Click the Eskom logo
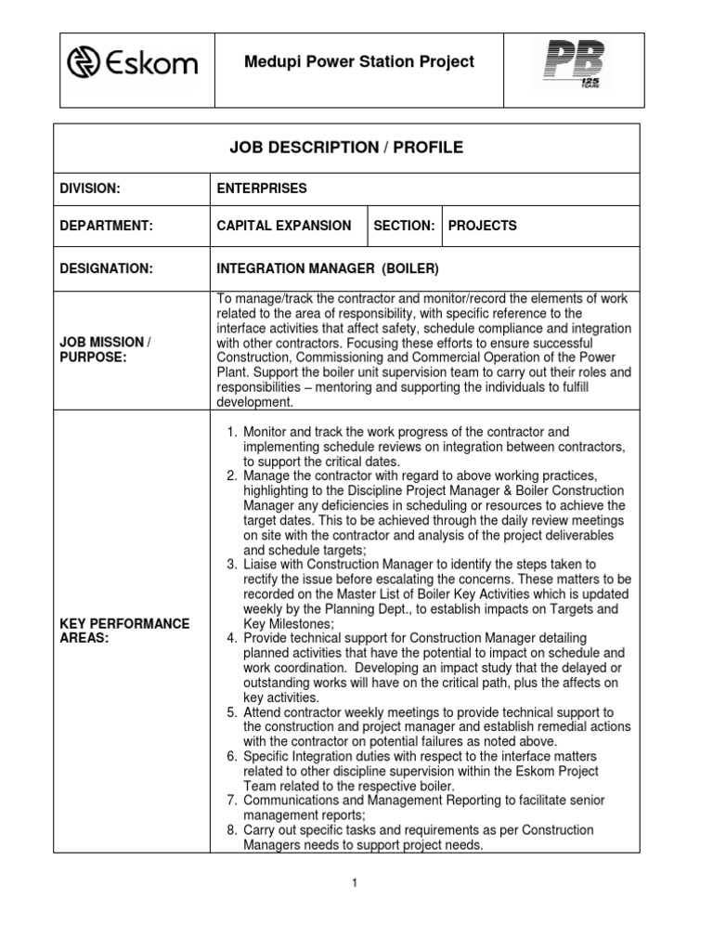click(x=132, y=64)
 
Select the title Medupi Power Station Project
click(x=358, y=62)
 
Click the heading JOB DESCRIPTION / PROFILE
click(x=346, y=148)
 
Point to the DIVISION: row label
click(x=90, y=189)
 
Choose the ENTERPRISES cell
click(x=261, y=189)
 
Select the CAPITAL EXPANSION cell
click(x=283, y=226)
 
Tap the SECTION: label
click(x=404, y=226)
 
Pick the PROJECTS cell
click(x=482, y=226)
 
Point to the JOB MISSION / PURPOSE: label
click(x=104, y=349)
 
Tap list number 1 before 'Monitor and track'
click(x=232, y=432)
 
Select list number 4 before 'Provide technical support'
click(x=232, y=638)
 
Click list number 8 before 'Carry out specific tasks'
click(x=232, y=829)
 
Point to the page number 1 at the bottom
click(x=354, y=882)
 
